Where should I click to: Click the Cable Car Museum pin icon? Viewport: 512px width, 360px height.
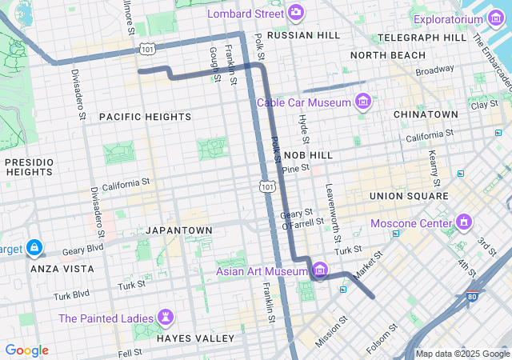[363, 102]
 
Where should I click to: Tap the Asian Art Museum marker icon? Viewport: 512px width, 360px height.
[320, 270]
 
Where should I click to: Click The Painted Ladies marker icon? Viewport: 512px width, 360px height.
[166, 318]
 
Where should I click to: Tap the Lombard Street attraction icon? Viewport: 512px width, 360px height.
[297, 13]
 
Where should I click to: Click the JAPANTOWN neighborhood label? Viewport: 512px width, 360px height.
[179, 230]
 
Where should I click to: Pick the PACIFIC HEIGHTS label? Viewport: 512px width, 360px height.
[145, 117]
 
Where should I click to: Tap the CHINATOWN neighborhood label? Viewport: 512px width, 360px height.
[426, 114]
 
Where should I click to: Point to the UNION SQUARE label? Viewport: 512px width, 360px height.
[409, 195]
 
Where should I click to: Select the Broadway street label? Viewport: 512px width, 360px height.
[434, 71]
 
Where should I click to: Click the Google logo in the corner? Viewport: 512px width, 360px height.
[26, 350]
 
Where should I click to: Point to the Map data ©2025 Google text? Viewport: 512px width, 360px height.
[462, 354]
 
